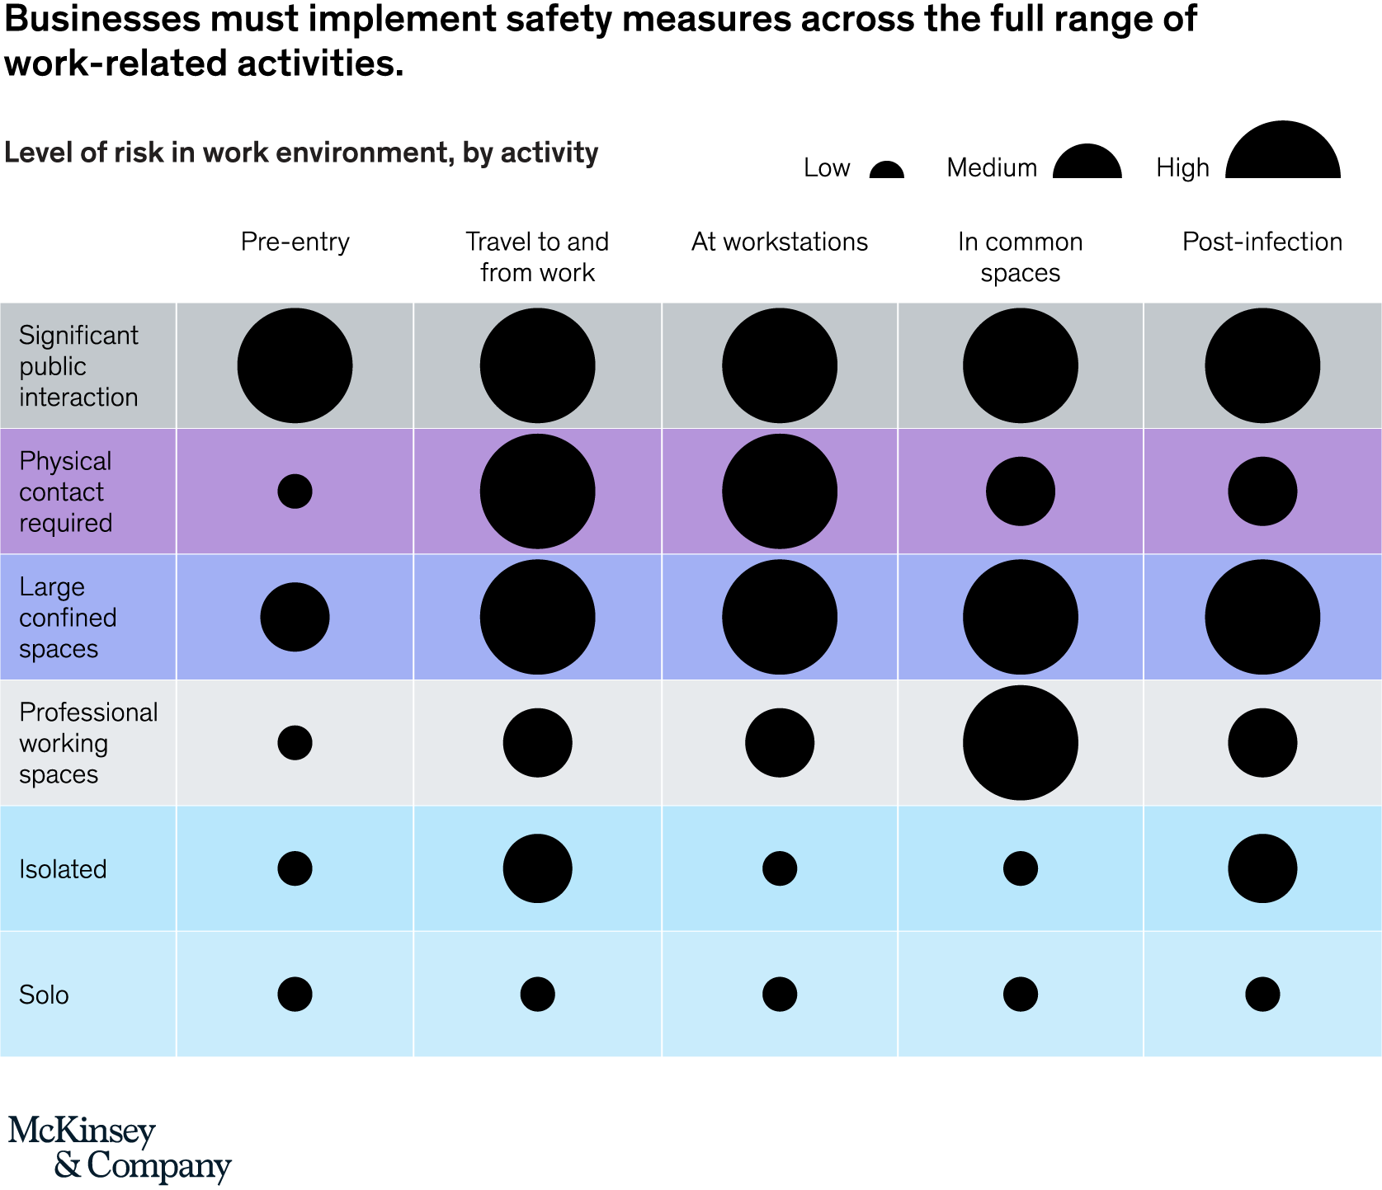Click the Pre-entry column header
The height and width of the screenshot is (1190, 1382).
pos(295,242)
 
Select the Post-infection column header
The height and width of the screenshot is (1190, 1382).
pos(1262,242)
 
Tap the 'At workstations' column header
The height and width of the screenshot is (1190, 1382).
pos(779,242)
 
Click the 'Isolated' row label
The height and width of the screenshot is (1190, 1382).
pos(63,869)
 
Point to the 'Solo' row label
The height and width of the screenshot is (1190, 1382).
pos(44,995)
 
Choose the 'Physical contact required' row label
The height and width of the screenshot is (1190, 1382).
pos(65,492)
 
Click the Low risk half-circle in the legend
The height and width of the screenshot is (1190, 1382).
pos(887,171)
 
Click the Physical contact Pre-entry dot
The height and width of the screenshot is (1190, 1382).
pos(295,492)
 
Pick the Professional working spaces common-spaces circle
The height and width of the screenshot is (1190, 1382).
pos(1021,743)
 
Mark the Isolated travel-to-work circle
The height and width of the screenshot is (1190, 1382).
pos(537,868)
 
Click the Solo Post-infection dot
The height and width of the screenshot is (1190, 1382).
pos(1262,995)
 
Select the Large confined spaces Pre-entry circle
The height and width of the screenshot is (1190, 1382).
pos(295,617)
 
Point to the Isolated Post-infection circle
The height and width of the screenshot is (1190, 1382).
pos(1262,868)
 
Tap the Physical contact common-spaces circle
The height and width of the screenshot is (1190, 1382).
pos(1021,492)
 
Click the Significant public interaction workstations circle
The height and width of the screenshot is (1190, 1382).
pos(780,365)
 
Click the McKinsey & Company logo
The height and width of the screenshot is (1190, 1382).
pos(120,1149)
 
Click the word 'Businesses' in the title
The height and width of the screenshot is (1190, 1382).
pos(102,19)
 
